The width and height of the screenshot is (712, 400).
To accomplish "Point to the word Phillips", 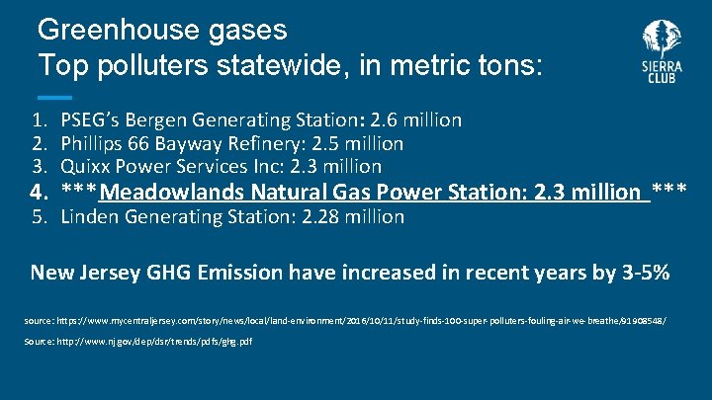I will coord(93,144).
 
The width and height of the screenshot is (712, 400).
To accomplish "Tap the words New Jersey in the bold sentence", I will coord(87,273).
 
